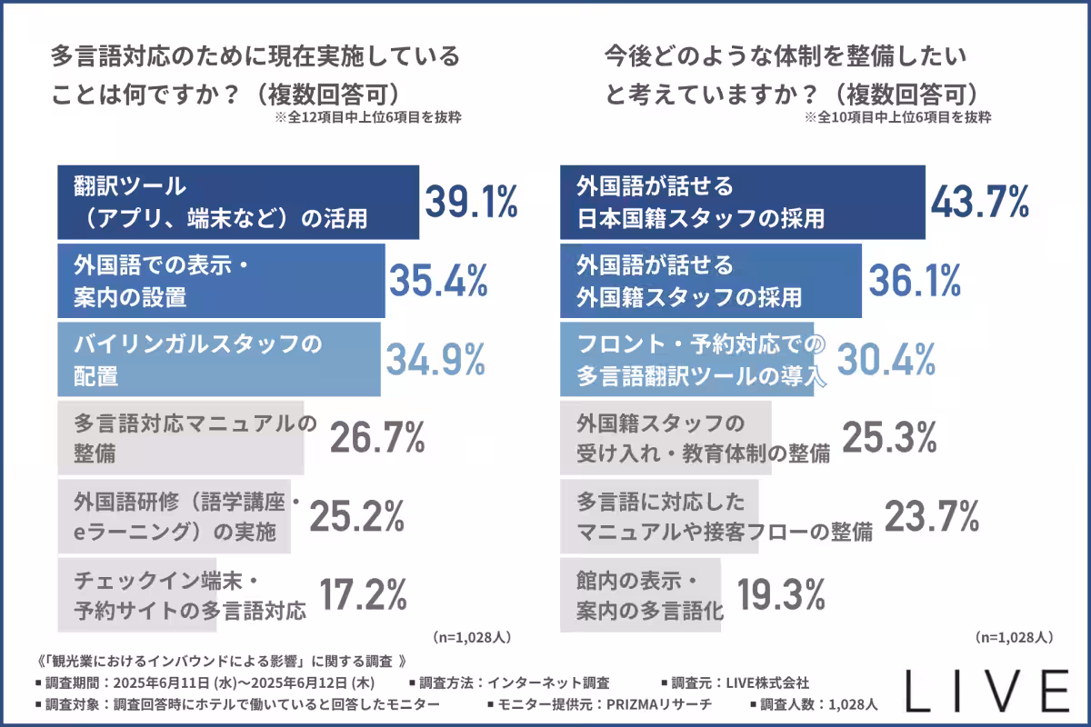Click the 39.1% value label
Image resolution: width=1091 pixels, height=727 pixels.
click(470, 202)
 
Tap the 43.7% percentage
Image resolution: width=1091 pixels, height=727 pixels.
click(979, 201)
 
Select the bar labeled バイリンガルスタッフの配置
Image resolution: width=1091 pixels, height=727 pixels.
click(218, 359)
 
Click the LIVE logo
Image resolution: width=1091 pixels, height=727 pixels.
click(988, 693)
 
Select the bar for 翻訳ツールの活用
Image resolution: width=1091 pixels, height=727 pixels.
click(237, 202)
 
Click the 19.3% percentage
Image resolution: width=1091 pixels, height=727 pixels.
click(779, 594)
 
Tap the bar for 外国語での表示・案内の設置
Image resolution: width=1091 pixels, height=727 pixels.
click(221, 281)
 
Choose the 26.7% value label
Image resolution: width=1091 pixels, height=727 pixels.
click(377, 438)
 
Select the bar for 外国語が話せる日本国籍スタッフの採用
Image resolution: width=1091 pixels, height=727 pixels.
click(742, 202)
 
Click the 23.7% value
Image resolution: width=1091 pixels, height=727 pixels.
click(931, 516)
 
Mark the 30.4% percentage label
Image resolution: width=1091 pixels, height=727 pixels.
click(886, 360)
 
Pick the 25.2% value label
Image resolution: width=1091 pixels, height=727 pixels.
click(357, 516)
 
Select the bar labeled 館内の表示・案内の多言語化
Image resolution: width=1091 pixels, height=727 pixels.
click(640, 594)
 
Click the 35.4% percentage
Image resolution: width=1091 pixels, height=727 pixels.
click(439, 281)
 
